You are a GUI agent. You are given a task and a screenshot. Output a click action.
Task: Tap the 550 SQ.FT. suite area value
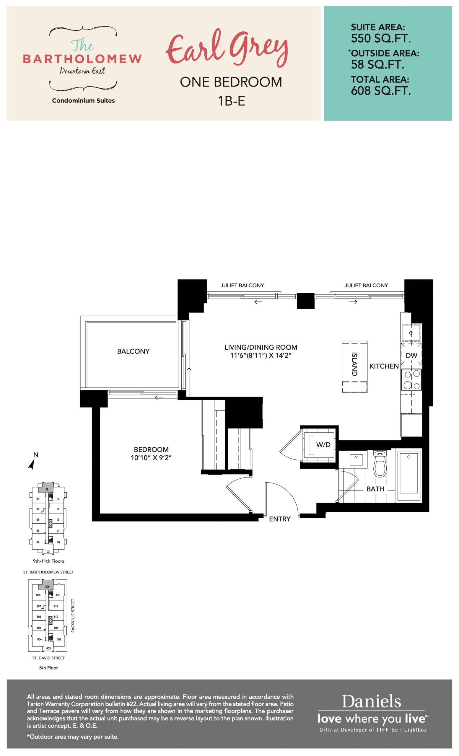point(381,39)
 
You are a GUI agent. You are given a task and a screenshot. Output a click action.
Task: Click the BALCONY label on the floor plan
point(133,351)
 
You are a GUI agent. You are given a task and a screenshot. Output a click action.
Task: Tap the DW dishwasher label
point(411,355)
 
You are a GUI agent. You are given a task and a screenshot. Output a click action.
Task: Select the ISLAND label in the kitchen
point(354,364)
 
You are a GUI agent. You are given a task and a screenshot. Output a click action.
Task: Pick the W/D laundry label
point(323,444)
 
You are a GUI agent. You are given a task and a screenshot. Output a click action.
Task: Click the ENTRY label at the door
point(279,519)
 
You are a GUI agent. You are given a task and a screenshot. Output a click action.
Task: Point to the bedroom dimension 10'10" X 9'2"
point(151,458)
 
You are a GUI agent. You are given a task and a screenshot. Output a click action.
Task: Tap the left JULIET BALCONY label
point(242,285)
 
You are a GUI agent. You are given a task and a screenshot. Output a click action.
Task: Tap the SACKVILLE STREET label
point(73,615)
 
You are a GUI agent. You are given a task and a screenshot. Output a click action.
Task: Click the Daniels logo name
point(371,701)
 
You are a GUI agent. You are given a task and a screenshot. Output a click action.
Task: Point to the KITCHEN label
point(384,366)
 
